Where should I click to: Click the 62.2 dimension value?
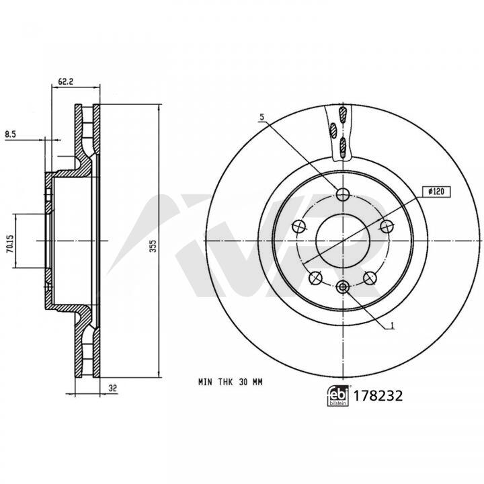(65, 82)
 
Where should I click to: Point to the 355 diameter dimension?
(153, 246)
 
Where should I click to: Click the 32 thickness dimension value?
(113, 388)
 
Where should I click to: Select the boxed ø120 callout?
(436, 192)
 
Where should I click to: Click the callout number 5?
(262, 117)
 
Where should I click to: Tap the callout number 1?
(393, 325)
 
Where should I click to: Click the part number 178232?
(378, 396)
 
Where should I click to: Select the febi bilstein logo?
(337, 396)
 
